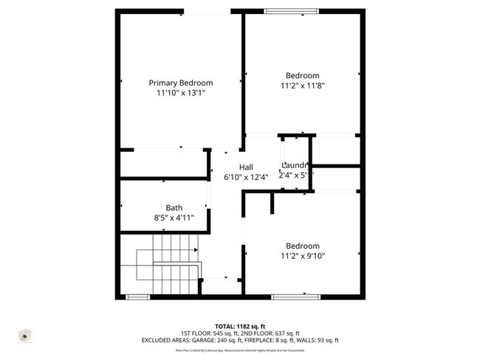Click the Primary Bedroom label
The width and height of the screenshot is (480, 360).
click(x=181, y=83)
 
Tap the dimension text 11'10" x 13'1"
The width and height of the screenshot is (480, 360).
click(x=180, y=94)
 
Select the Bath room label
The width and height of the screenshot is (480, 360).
click(x=174, y=208)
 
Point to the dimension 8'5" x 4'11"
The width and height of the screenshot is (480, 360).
click(x=174, y=218)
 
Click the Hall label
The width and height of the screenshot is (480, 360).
click(x=246, y=166)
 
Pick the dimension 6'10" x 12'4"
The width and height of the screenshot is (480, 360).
click(x=246, y=177)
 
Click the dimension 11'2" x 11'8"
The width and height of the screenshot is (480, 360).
click(x=303, y=86)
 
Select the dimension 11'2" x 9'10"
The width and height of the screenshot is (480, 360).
click(x=303, y=256)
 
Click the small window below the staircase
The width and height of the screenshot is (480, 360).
click(x=138, y=297)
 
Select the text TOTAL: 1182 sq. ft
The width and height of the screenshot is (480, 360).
click(x=240, y=325)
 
